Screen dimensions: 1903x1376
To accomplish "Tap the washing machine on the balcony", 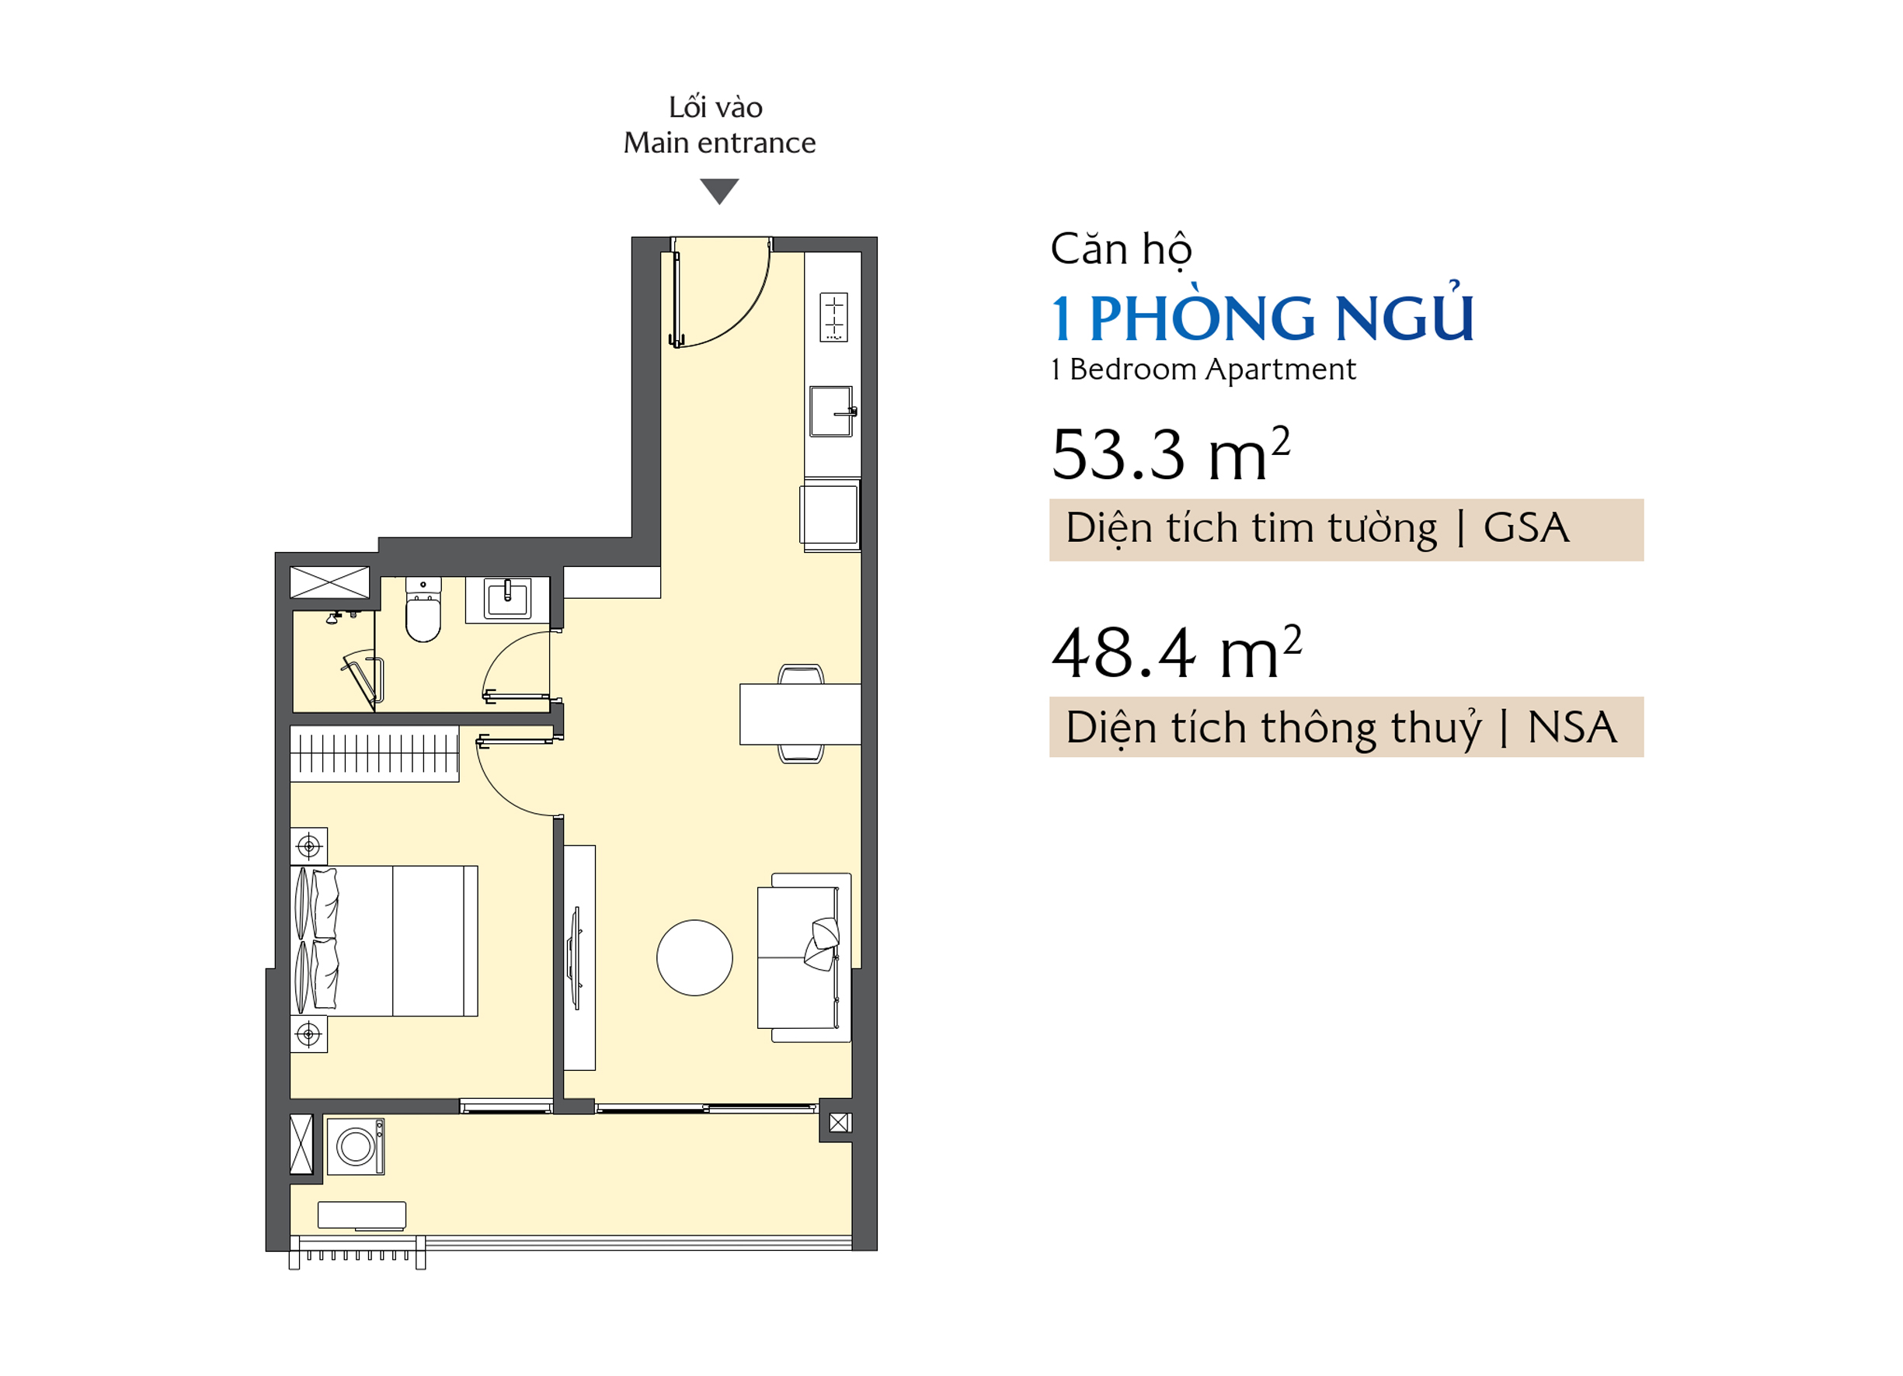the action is pos(356,1147).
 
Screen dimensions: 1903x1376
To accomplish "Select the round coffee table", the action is pos(694,958).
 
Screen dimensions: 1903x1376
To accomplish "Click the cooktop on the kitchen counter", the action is pos(834,317).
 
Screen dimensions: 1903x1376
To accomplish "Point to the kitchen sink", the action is pos(832,411).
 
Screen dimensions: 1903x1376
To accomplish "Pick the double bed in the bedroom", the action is pos(384,941).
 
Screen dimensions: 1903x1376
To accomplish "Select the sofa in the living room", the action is pos(804,958).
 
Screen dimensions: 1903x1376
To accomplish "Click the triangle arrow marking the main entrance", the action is pos(719,190).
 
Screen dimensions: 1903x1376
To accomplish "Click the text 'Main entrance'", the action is pos(719,144).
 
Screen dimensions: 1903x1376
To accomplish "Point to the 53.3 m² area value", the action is pos(1171,454).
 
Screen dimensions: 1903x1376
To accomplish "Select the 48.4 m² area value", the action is pos(1177,652).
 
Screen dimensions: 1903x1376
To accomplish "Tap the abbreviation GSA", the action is pos(1526,529).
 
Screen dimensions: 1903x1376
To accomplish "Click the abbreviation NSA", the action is pos(1571,728).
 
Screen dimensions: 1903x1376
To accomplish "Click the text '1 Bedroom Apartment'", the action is pos(1203,370).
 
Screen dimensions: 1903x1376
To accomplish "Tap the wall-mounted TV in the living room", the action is pos(576,958).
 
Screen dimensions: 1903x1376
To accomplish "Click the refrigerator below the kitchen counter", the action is pos(830,515).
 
